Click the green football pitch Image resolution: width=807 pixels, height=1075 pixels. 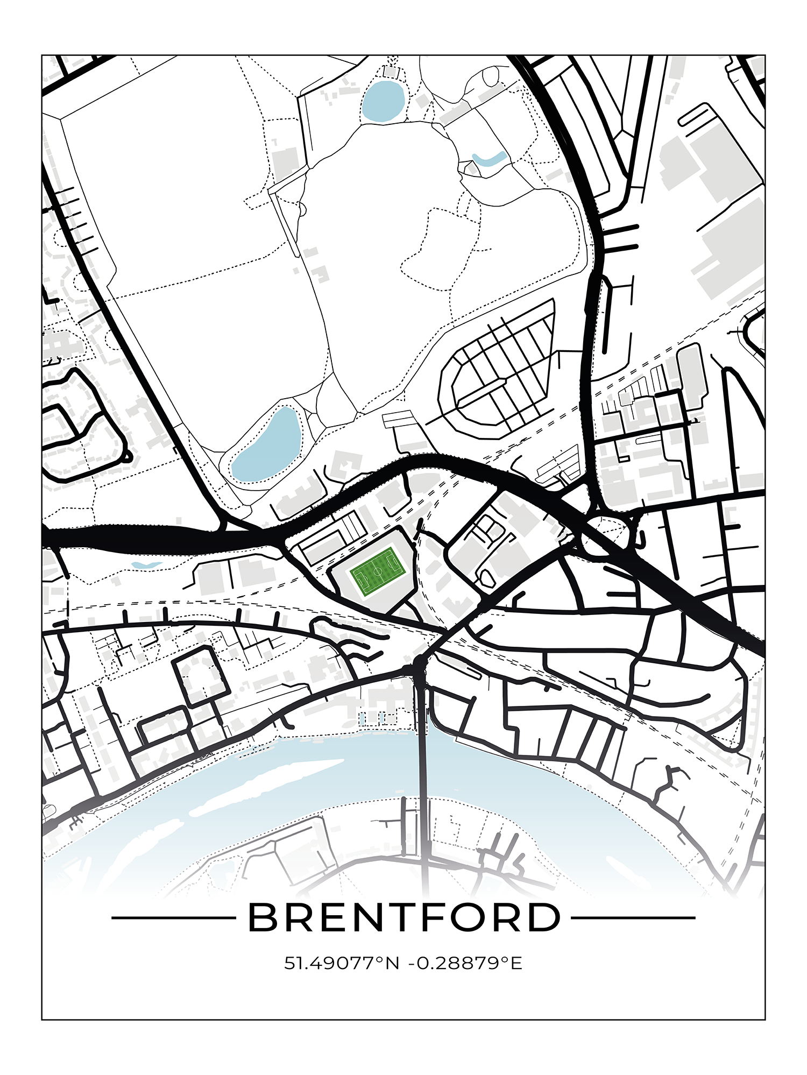[378, 571]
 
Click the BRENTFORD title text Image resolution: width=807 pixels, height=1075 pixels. [403, 918]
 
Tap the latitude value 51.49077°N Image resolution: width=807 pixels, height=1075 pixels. [342, 963]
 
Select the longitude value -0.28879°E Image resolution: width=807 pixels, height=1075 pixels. [465, 963]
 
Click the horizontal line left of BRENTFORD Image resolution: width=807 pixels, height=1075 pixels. [172, 918]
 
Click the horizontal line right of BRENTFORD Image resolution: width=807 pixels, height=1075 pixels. [633, 918]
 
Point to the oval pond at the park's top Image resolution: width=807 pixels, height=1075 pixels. [383, 101]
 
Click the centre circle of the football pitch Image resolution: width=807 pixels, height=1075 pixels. [378, 571]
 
